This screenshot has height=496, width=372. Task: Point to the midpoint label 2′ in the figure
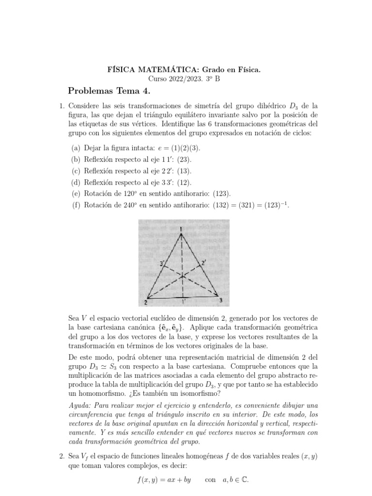(205, 263)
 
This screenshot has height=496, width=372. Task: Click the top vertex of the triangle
(181, 234)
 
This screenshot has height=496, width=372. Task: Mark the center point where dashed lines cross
(182, 276)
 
